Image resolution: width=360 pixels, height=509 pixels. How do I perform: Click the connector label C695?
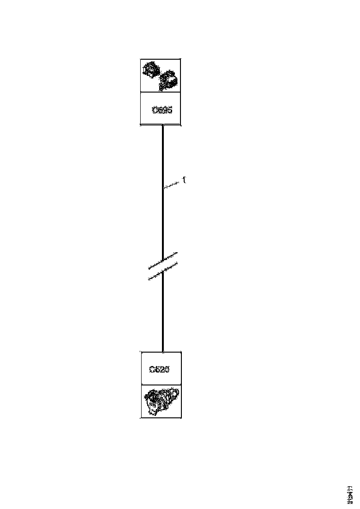coord(162,110)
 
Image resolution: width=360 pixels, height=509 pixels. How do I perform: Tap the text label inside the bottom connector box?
coord(160,369)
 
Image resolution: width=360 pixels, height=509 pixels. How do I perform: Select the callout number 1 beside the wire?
coord(184,180)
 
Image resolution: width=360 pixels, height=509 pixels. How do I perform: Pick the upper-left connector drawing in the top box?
coord(151,71)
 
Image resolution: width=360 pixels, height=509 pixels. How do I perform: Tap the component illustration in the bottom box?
coord(161,401)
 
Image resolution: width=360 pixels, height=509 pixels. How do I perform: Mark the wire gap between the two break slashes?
coord(163,266)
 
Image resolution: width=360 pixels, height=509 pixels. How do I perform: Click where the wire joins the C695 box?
coord(163,125)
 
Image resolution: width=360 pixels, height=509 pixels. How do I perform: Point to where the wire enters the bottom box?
coord(163,351)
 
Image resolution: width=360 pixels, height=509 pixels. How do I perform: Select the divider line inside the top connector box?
coord(161,92)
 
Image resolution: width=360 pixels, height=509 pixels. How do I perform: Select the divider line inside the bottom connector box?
coord(161,384)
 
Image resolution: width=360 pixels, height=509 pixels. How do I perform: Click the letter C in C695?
coord(155,110)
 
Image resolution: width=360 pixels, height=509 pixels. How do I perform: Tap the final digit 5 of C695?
coord(170,110)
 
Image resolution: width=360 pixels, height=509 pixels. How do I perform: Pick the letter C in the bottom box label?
coord(152,369)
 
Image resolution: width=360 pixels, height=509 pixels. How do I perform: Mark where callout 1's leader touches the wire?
coord(163,188)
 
